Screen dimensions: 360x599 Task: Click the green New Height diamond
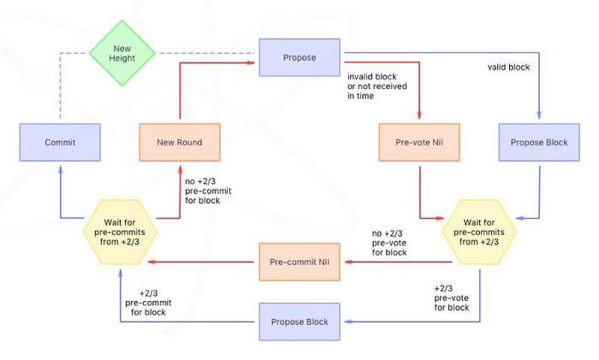pyautogui.click(x=122, y=52)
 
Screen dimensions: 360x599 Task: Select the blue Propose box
pyautogui.click(x=299, y=58)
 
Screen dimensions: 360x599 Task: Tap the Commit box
pyautogui.click(x=60, y=142)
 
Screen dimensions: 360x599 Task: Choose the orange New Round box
pyautogui.click(x=180, y=142)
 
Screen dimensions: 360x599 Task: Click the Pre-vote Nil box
pyautogui.click(x=419, y=142)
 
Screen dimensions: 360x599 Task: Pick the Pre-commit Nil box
pyautogui.click(x=299, y=262)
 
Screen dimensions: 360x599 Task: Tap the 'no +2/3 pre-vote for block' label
pyautogui.click(x=389, y=243)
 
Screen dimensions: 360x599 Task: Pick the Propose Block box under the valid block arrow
pyautogui.click(x=539, y=142)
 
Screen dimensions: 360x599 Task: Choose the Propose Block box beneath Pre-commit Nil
pyautogui.click(x=299, y=322)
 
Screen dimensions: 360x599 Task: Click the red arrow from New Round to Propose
pyautogui.click(x=180, y=90)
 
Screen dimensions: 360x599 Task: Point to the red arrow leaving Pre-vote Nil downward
pyautogui.click(x=419, y=192)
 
